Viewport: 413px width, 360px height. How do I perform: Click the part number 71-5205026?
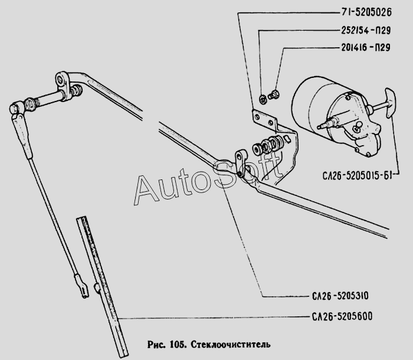366,12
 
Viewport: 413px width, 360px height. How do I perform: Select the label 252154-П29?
366,30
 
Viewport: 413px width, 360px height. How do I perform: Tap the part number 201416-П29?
366,47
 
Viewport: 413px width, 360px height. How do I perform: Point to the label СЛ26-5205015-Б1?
357,175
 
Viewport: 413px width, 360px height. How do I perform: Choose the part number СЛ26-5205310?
340,296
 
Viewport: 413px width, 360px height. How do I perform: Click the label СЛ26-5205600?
342,316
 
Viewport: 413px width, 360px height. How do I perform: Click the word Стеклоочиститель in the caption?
230,344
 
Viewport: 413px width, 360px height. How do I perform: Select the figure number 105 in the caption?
178,344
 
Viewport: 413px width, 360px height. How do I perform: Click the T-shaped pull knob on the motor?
390,103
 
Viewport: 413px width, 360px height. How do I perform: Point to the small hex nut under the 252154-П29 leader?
262,100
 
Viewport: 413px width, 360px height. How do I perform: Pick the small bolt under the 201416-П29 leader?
274,95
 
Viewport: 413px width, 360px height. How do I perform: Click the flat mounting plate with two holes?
264,120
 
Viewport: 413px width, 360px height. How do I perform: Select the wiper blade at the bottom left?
102,286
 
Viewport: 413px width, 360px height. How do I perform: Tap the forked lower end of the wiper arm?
81,287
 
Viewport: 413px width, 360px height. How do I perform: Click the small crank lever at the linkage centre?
240,163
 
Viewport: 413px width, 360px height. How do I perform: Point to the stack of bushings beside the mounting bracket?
268,145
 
